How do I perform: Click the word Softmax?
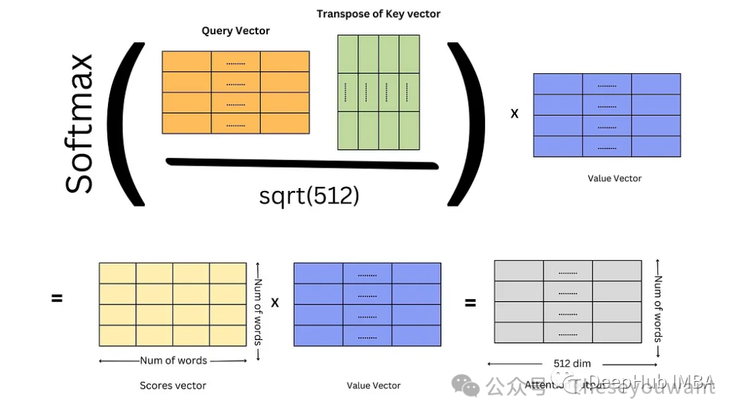[79, 124]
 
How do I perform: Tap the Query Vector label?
[236, 31]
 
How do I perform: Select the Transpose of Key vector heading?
[379, 14]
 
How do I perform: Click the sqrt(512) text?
[309, 196]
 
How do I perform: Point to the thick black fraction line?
[301, 163]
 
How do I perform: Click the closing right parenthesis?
[466, 124]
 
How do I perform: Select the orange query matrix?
[236, 92]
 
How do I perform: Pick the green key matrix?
[379, 92]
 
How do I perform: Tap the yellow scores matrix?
[172, 304]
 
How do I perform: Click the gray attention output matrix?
[568, 302]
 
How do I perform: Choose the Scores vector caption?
[173, 385]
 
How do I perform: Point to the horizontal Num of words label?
[173, 361]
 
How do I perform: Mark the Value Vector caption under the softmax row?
[614, 179]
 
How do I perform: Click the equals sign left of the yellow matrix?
[57, 298]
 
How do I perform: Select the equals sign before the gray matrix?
[470, 302]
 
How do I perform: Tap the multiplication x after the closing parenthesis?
[515, 114]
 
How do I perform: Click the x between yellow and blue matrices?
[275, 302]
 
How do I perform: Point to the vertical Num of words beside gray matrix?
[659, 309]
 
